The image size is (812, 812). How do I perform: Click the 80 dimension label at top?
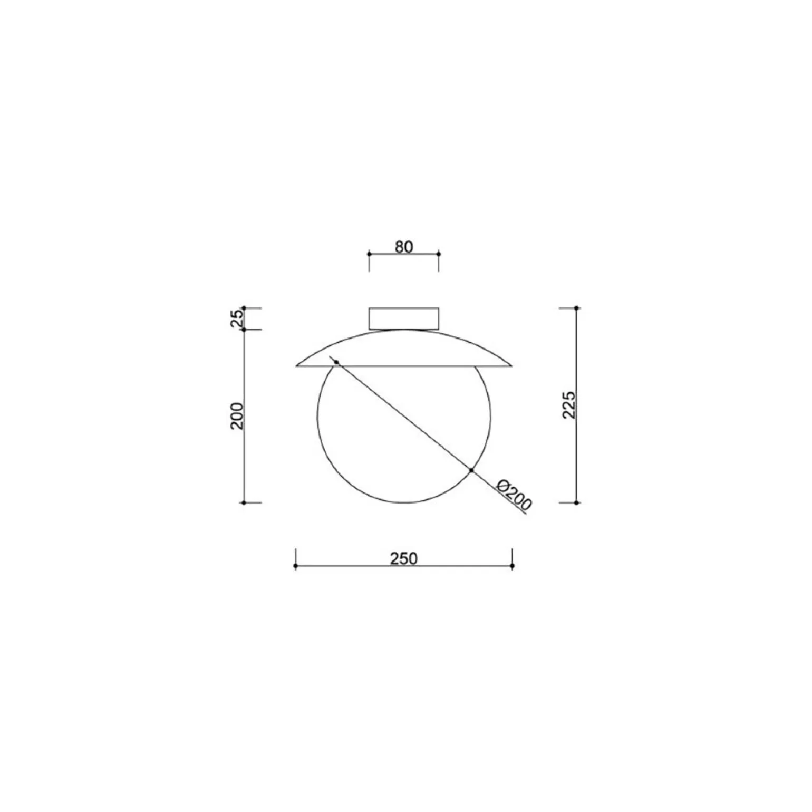pos(403,246)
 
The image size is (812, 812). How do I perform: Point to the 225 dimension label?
pos(569,405)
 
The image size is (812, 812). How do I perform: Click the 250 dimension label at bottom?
pos(404,558)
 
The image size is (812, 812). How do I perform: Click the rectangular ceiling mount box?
pos(404,318)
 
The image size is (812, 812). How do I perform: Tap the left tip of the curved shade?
pos(296,365)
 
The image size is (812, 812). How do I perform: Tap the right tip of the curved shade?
pos(512,365)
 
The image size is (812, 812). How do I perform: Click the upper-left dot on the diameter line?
pos(336,362)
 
